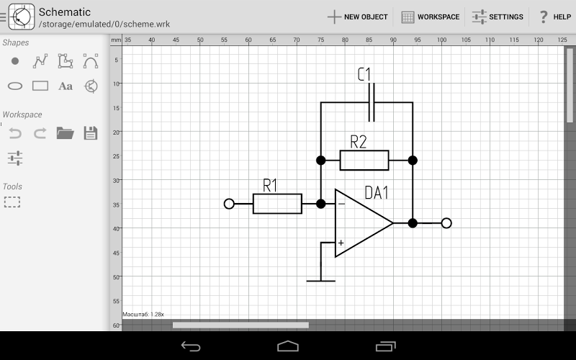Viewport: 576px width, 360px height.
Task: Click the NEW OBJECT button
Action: click(357, 17)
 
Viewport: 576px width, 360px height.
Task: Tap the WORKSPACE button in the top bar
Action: click(430, 17)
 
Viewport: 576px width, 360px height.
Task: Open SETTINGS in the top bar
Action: click(498, 17)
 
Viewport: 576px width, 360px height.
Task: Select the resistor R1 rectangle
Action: click(277, 204)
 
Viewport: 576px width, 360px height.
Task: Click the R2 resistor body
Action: click(364, 160)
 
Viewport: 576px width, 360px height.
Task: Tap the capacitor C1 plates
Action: click(372, 102)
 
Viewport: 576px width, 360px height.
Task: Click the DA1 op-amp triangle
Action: click(360, 223)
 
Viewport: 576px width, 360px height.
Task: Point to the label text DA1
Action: click(377, 193)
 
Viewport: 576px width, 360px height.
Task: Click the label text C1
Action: click(364, 74)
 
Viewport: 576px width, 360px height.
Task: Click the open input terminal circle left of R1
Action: click(229, 204)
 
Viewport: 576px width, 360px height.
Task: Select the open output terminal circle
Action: click(446, 223)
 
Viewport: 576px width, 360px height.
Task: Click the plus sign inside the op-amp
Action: click(341, 243)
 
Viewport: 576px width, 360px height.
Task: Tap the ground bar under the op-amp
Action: click(320, 280)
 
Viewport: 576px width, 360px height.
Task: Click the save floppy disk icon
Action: click(91, 132)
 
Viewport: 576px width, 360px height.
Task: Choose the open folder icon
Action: click(66, 132)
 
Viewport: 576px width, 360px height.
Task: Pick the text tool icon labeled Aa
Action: click(66, 86)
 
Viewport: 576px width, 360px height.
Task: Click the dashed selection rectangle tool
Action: click(12, 202)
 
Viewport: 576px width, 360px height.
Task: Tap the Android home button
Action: click(288, 346)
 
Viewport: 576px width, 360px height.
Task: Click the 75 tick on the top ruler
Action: click(320, 39)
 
